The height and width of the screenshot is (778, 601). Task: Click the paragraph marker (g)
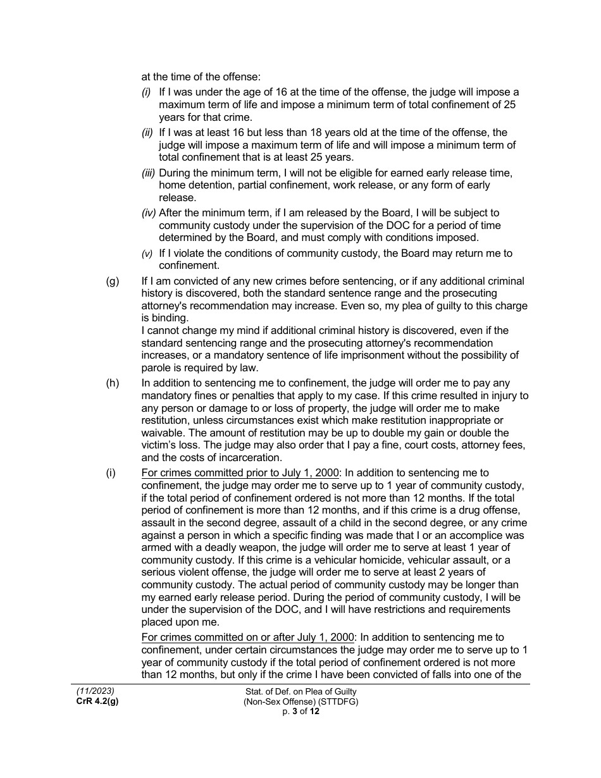112,281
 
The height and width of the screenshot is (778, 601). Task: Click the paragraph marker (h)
112,383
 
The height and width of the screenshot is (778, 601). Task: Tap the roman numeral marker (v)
147,254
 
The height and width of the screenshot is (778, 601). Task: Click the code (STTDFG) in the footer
336,701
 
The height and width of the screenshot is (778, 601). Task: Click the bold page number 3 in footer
295,711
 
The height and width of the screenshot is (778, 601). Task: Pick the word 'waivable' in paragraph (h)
162,433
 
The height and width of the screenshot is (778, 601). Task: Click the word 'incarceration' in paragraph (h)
251,458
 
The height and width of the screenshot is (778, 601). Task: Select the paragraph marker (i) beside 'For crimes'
111,473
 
